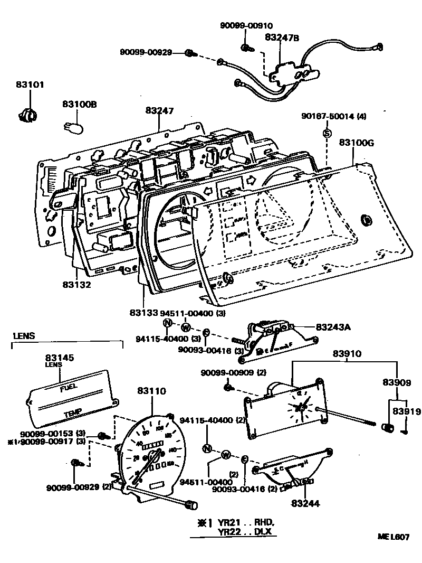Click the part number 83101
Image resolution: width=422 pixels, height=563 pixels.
click(30, 85)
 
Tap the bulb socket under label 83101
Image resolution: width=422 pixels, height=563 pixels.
click(28, 113)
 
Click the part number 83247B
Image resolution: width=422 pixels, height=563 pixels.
click(282, 37)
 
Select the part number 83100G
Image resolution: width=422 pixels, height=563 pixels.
click(357, 143)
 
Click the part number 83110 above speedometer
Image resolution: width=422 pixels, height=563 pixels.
click(151, 391)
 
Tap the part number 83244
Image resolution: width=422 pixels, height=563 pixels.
click(304, 504)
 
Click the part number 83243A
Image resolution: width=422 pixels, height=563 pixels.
click(333, 327)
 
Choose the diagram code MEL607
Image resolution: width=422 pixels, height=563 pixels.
click(393, 537)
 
